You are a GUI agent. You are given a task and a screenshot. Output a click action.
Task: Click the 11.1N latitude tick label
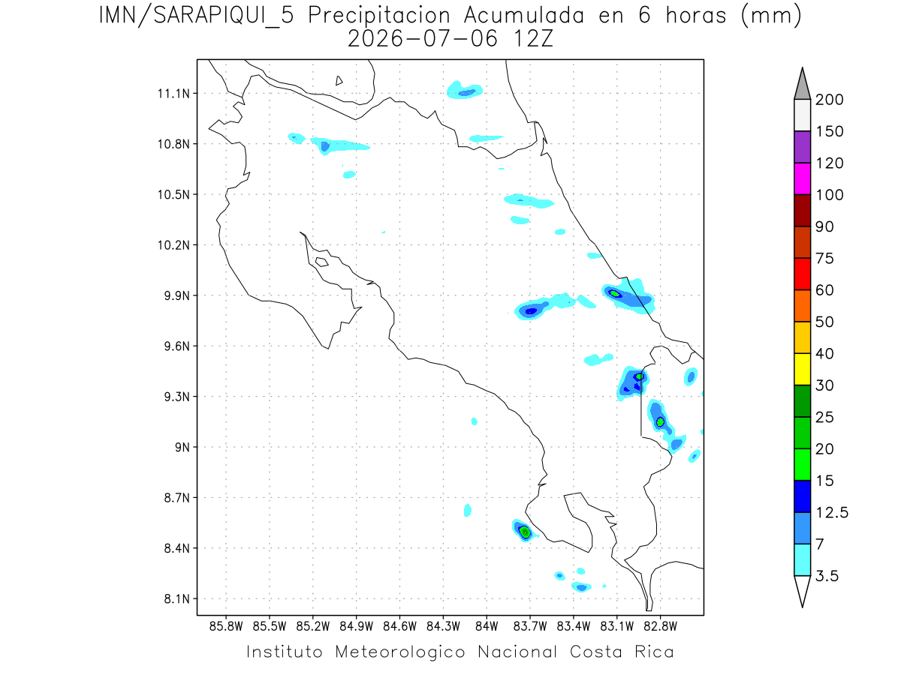coord(173,94)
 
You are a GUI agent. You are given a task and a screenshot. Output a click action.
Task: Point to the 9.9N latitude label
coord(177,296)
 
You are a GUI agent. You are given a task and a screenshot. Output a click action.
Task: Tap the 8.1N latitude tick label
coord(177,599)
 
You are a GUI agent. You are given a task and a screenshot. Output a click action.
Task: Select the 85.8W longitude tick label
coord(226,627)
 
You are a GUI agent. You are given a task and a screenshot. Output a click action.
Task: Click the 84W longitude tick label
coord(487,627)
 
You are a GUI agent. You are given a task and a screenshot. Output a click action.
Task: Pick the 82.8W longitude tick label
coord(660,627)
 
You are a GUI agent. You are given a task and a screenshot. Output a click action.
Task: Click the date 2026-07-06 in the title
coord(423,39)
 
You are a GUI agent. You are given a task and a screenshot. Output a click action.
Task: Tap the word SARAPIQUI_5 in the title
coord(224,16)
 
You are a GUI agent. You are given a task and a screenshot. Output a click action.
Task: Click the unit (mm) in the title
coord(771,16)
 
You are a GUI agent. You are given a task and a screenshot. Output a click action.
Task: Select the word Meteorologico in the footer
coord(399,652)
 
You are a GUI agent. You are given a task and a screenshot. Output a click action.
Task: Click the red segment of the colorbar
coord(802,274)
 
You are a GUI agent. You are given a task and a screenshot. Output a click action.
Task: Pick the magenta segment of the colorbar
coord(802,178)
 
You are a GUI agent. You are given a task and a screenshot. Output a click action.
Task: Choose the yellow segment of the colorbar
coord(802,369)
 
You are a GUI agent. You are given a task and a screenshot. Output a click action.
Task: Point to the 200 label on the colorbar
coord(829,100)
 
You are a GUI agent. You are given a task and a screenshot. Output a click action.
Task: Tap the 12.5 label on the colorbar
coord(832,513)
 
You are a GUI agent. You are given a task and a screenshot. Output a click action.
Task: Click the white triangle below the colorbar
coord(802,590)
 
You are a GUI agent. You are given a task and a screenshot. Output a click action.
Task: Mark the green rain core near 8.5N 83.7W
coord(525,532)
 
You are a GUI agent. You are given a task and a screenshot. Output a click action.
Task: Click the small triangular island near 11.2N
coord(339,81)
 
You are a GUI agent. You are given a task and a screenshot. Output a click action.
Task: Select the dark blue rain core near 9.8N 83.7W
coord(531,311)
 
